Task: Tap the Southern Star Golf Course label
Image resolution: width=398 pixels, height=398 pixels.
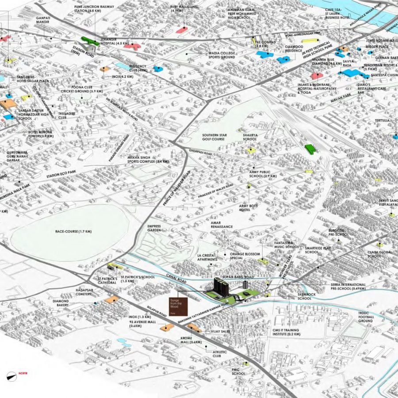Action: click(214, 137)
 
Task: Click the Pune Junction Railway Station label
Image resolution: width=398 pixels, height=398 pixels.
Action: click(94, 9)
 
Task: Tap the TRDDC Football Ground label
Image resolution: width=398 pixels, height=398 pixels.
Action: click(367, 317)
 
